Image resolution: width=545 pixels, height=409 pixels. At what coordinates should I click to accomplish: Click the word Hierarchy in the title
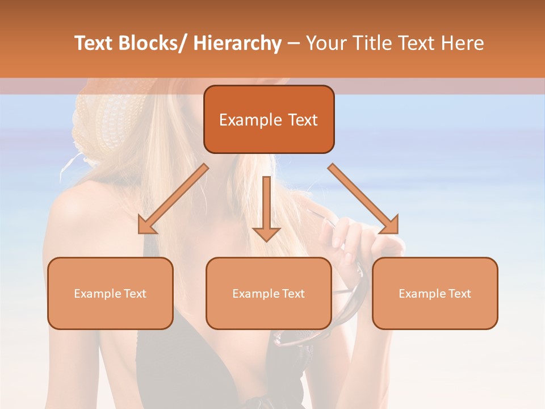[x=237, y=43]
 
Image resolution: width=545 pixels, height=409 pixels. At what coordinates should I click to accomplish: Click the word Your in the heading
[x=326, y=43]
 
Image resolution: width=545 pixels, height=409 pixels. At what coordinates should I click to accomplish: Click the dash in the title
[x=294, y=44]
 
